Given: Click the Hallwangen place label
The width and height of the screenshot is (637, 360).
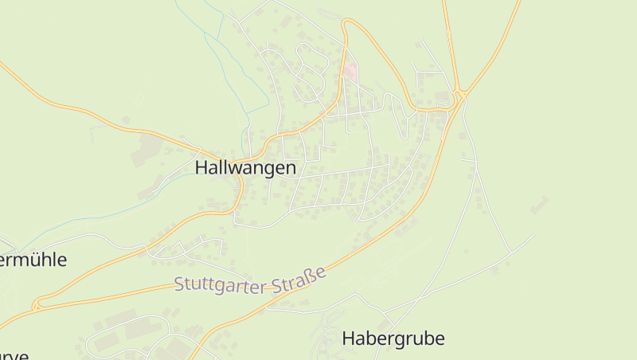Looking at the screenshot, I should [245, 168].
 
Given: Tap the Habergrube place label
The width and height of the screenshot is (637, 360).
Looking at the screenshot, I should [393, 338].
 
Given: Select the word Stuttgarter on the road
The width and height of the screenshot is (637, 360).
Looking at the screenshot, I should [220, 284].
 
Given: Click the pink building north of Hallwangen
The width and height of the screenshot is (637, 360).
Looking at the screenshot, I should [350, 72].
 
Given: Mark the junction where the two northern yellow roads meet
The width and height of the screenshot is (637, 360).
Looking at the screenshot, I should [459, 96].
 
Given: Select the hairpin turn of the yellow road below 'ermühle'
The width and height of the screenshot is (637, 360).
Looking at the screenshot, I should [37, 305].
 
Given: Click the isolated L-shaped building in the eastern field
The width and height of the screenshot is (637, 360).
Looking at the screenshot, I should [539, 205].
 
